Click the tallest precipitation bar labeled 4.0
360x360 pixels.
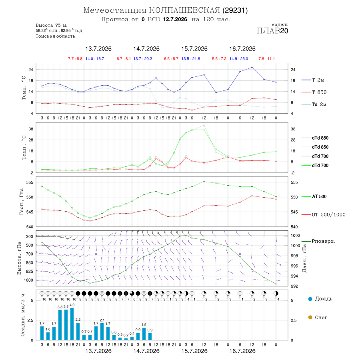[x=72, y=324]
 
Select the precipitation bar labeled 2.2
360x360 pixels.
[x=78, y=331]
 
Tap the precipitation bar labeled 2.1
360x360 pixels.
[x=102, y=332]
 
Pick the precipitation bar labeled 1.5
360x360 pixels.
[x=144, y=334]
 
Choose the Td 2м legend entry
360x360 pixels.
[x=314, y=104]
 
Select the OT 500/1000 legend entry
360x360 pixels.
[x=323, y=215]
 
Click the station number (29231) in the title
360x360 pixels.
[x=235, y=10]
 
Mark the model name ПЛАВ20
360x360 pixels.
[x=272, y=30]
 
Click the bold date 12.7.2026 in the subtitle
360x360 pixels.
[x=175, y=19]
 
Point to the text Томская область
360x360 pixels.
[x=55, y=36]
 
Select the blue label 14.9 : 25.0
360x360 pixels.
[x=238, y=59]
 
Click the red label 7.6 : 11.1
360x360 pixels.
[x=266, y=59]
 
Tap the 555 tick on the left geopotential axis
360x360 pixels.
[x=30, y=182]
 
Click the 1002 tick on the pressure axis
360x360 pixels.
[x=295, y=236]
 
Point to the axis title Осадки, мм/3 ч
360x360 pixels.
[x=22, y=315]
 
